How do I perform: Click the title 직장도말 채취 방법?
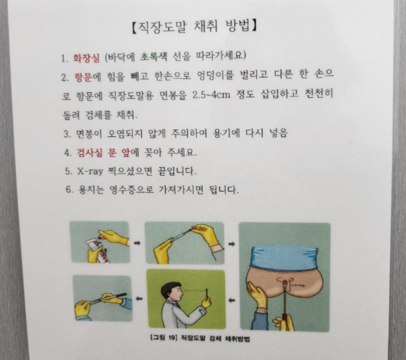(194, 27)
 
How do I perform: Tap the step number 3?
(67, 134)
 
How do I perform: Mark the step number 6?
(69, 191)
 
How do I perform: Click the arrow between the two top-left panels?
(137, 243)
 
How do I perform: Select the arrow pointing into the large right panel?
(232, 244)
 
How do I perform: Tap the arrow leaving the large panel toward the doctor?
(232, 300)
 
